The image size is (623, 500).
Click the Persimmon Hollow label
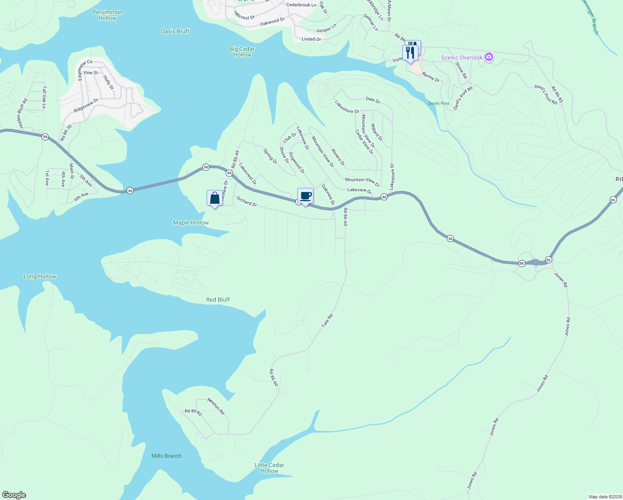point(107,15)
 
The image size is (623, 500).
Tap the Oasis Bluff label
point(175,31)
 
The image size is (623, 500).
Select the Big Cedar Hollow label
point(242,52)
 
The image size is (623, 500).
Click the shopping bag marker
point(214,198)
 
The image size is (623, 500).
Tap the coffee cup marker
point(305,196)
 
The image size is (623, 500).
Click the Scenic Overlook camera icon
point(489,57)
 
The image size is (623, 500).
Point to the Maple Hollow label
point(191,223)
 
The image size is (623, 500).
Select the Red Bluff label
point(218,300)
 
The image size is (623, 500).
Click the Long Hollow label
point(40,276)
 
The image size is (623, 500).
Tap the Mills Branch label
point(167,456)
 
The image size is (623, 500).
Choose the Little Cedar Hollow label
point(269,468)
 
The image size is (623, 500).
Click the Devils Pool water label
point(439,103)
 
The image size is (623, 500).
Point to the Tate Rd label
point(327,320)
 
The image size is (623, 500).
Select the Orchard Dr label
point(247,201)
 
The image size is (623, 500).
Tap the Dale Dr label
point(373,100)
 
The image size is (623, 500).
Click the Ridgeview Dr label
point(86,105)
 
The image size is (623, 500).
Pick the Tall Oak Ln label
point(44,97)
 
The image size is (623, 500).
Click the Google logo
point(14,495)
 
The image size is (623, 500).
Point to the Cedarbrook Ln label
point(301,5)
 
